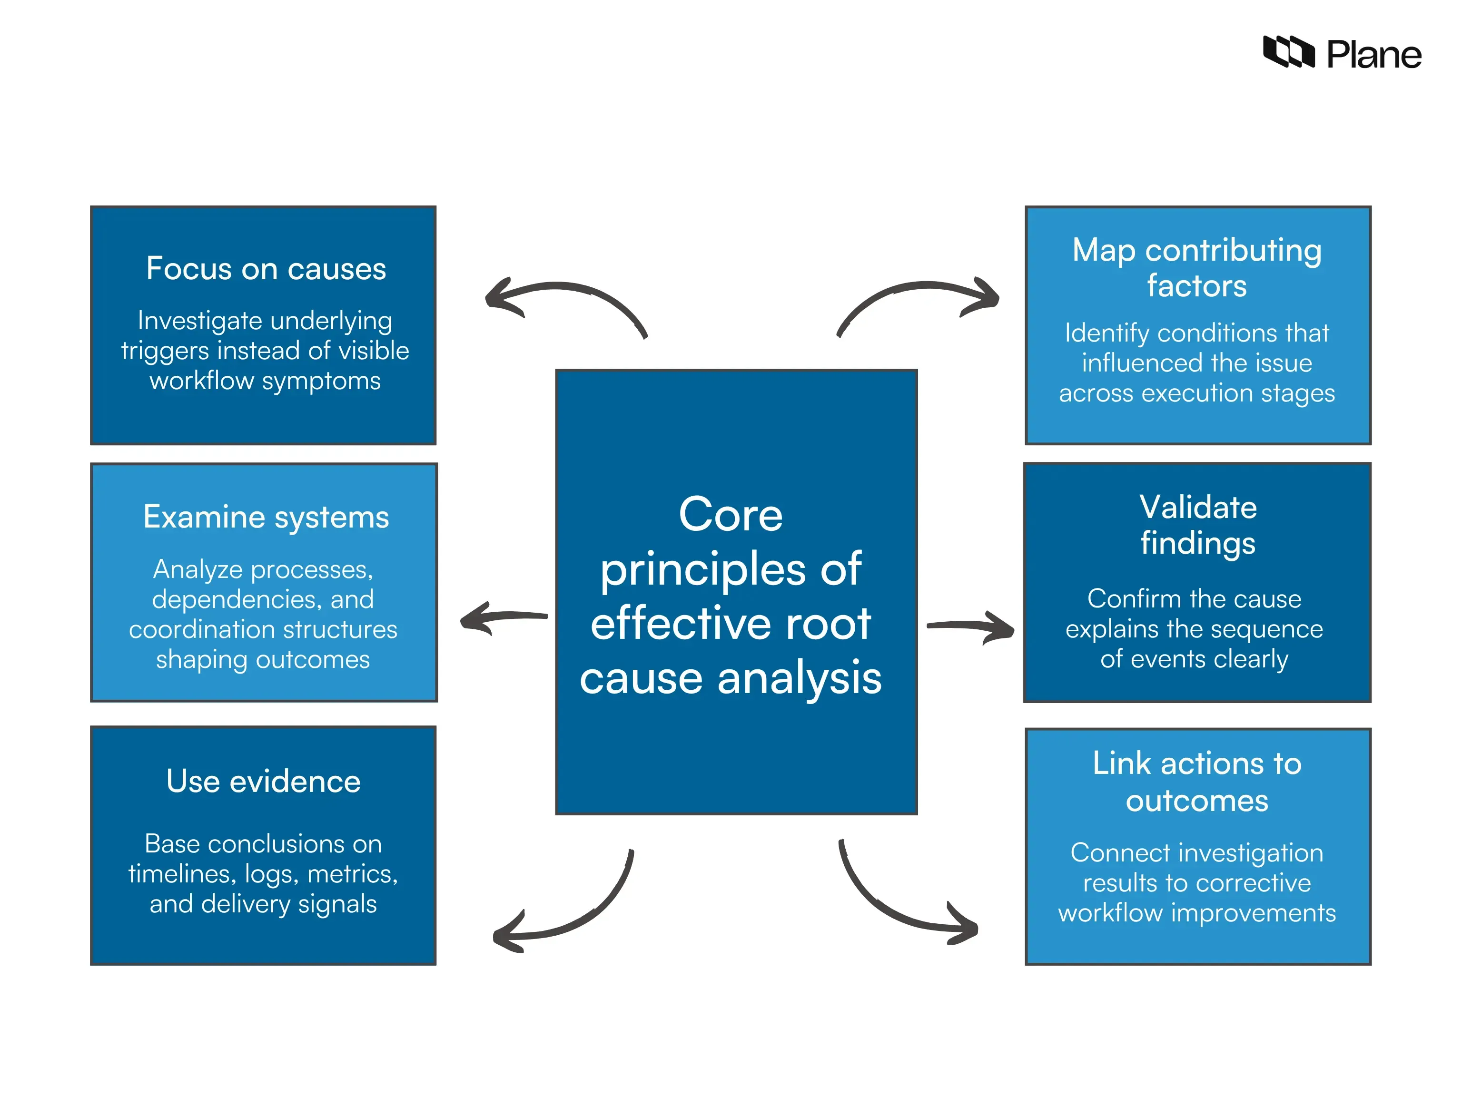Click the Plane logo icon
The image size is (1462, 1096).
click(x=1288, y=52)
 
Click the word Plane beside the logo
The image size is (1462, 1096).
click(x=1373, y=55)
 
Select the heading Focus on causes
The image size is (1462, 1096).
click(x=266, y=269)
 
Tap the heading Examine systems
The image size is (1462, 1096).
click(x=266, y=517)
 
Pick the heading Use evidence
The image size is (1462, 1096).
click(x=263, y=782)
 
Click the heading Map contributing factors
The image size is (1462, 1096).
click(x=1196, y=267)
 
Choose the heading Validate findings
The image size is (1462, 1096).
click(x=1197, y=525)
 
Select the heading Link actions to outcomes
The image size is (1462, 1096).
click(x=1196, y=782)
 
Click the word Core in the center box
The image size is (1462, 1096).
click(x=731, y=515)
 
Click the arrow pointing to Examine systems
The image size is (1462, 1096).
click(x=502, y=618)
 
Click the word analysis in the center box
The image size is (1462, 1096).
click(x=799, y=678)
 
